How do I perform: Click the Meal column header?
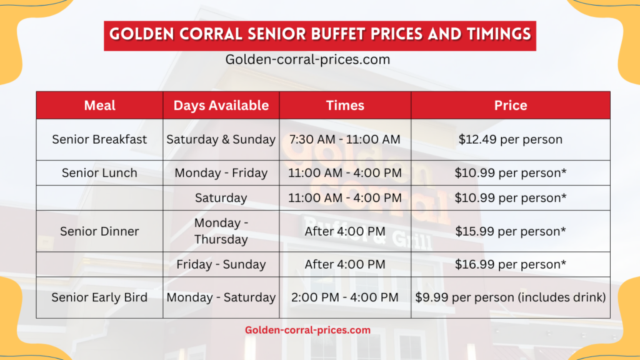[x=100, y=106]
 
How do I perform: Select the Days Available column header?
[x=221, y=106]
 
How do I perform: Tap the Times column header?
[x=345, y=106]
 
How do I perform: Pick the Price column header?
[x=511, y=106]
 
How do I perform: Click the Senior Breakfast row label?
[x=100, y=139]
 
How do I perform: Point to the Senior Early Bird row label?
[x=100, y=297]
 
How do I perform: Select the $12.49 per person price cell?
[x=511, y=139]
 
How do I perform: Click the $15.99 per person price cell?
[x=511, y=231]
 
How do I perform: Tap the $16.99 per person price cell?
[x=511, y=264]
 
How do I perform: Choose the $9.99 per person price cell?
[x=511, y=297]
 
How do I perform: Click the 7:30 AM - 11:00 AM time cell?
[x=345, y=139]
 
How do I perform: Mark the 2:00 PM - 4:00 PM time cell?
[x=345, y=297]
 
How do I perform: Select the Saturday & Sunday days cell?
[x=221, y=139]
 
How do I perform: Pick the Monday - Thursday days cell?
[x=221, y=231]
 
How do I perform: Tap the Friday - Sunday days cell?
[x=221, y=264]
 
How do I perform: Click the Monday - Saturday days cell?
[x=221, y=297]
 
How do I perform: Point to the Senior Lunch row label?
[x=100, y=173]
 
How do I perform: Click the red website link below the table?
[x=307, y=330]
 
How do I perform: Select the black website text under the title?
[x=307, y=60]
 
